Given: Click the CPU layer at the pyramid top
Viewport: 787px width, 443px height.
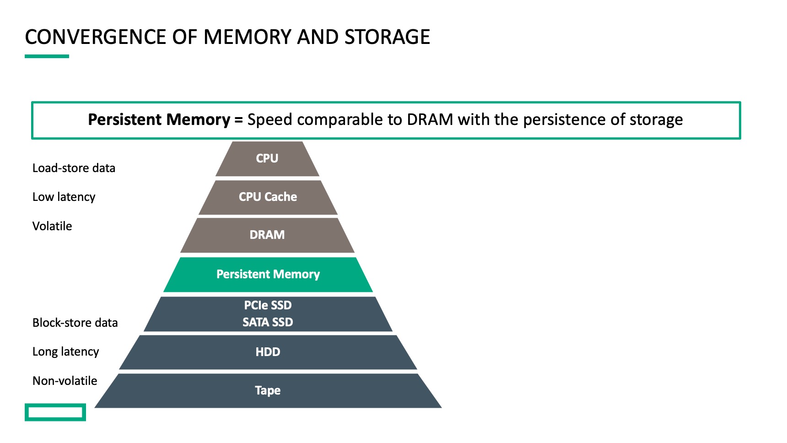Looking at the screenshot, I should click(267, 158).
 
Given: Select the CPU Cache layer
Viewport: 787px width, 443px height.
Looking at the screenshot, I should click(268, 197).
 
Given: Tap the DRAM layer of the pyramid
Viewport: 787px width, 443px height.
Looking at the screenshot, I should click(267, 235).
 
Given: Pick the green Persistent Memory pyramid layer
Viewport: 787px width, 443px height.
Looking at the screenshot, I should click(268, 274).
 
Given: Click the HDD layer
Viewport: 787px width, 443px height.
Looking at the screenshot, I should click(268, 352).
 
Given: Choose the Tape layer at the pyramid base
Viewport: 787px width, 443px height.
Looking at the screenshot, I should click(268, 390).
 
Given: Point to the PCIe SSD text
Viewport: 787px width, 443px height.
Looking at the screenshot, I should click(268, 305).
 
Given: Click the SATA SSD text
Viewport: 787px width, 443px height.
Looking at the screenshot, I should click(268, 322).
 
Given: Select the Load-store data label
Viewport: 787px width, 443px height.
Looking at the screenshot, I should click(74, 168).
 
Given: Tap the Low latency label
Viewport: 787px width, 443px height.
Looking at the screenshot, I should click(64, 197).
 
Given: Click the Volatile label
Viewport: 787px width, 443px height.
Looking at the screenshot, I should click(52, 226).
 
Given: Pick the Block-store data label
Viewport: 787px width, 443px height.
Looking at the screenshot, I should click(75, 323).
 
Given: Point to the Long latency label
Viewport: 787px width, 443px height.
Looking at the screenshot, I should click(65, 351).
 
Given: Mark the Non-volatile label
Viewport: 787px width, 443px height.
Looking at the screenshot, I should click(65, 381).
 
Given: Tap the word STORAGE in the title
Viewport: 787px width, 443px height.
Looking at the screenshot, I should click(387, 37).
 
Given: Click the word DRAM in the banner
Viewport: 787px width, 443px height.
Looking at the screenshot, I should click(430, 119).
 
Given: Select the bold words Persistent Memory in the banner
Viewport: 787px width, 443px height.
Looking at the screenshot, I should click(159, 119).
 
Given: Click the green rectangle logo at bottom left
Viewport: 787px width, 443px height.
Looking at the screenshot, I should click(55, 412).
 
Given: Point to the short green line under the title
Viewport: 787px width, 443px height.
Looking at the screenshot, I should click(47, 56).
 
